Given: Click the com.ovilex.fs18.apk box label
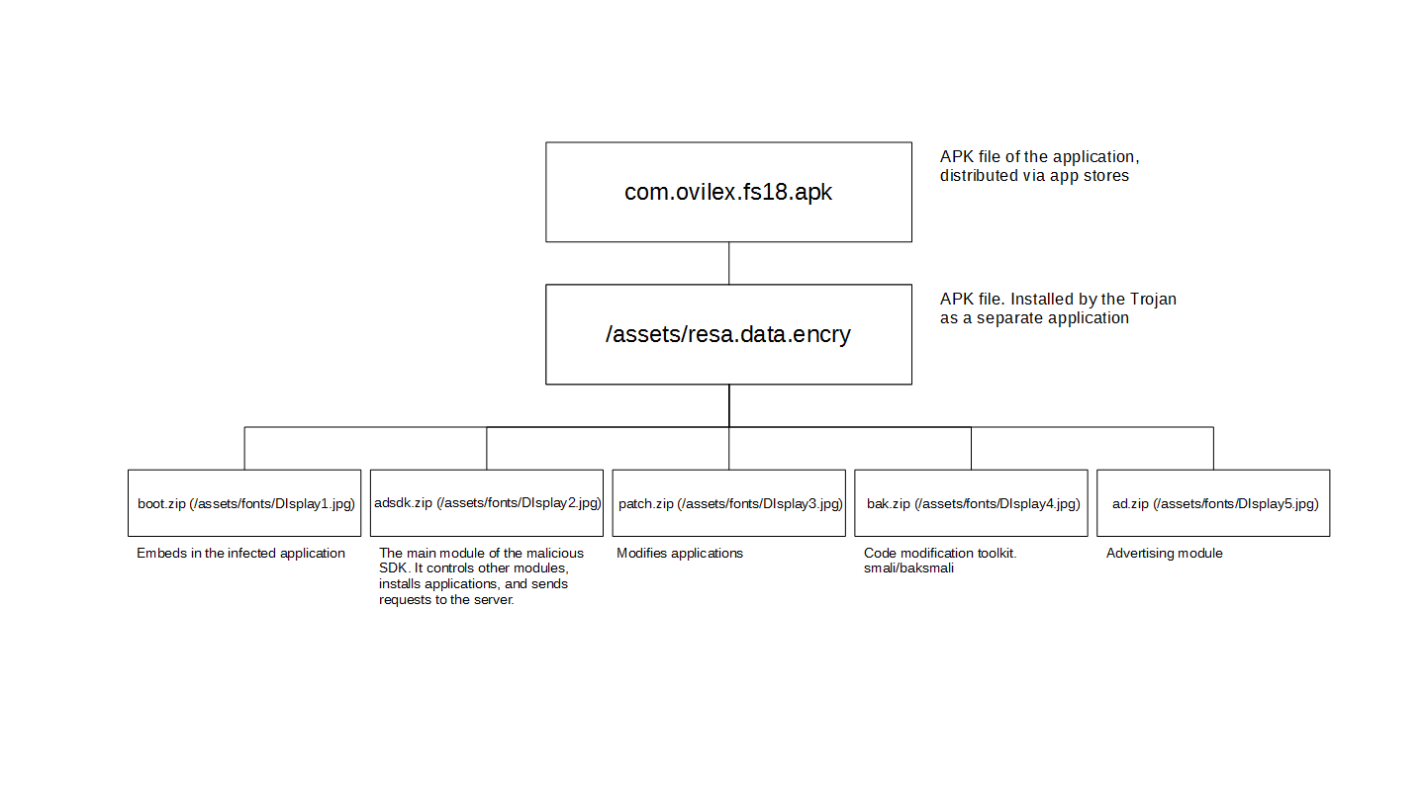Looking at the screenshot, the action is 727,192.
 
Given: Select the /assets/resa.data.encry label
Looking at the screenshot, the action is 727,334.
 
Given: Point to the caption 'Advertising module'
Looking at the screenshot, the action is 1164,553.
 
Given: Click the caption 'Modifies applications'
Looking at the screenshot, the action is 680,553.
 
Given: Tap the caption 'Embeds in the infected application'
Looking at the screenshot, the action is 240,553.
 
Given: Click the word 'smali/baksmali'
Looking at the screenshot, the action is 908,568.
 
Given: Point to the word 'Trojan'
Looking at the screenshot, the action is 1153,300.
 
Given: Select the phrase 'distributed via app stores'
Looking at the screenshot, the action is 1034,176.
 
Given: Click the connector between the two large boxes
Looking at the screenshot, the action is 729,263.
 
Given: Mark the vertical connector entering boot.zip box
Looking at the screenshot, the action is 244,448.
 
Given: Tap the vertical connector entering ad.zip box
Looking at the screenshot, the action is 1213,448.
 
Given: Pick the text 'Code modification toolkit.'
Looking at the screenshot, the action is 940,553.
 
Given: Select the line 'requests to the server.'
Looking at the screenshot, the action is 446,600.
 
